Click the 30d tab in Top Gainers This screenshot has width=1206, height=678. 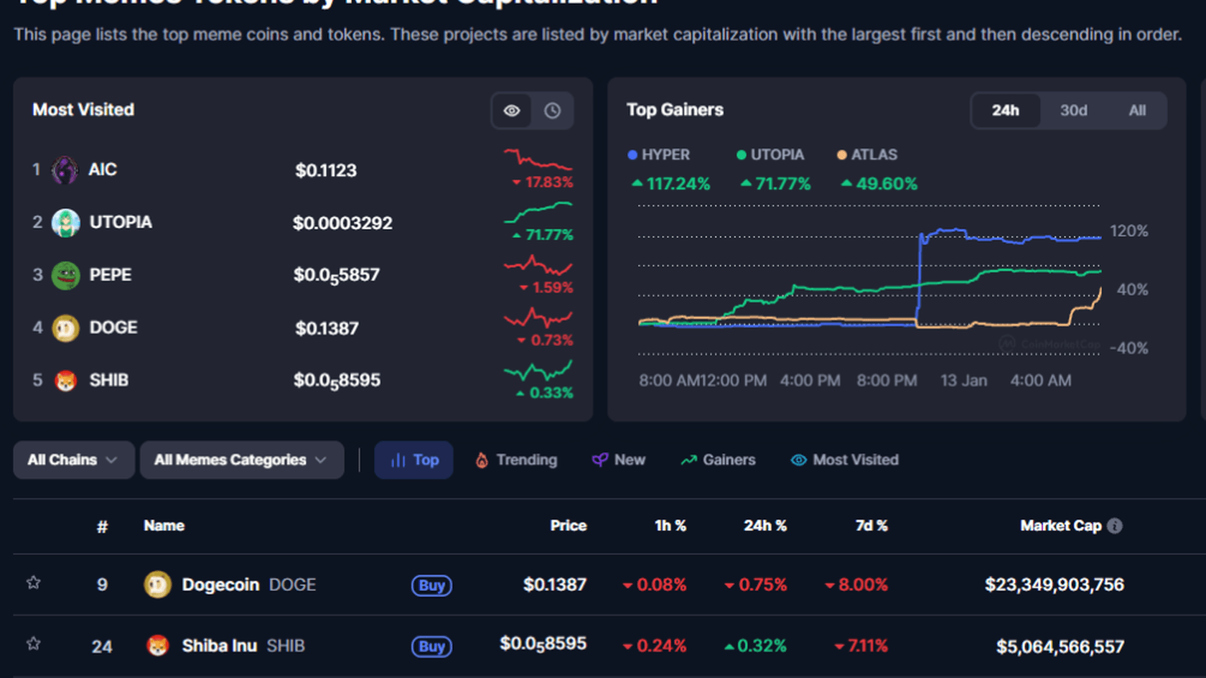click(1073, 111)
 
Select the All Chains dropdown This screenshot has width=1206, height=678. click(73, 460)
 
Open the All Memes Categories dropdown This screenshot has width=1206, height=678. click(241, 460)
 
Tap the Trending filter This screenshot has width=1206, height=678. click(516, 460)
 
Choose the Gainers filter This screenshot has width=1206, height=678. click(718, 460)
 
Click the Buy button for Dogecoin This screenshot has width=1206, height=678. click(431, 585)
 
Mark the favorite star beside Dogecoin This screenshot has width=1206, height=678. click(34, 582)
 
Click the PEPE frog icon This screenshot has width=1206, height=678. click(65, 275)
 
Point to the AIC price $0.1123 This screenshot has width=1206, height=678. click(326, 170)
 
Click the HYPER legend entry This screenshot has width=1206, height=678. click(659, 154)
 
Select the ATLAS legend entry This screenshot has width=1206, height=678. click(867, 154)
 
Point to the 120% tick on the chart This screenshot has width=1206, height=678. click(1128, 231)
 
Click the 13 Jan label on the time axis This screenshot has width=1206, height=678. click(963, 381)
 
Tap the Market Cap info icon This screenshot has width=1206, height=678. click(1115, 526)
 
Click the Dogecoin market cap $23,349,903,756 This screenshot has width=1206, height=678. click(1054, 585)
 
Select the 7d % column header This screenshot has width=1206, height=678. click(871, 526)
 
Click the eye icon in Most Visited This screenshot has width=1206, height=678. click(512, 111)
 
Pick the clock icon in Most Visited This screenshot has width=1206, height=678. click(552, 111)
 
